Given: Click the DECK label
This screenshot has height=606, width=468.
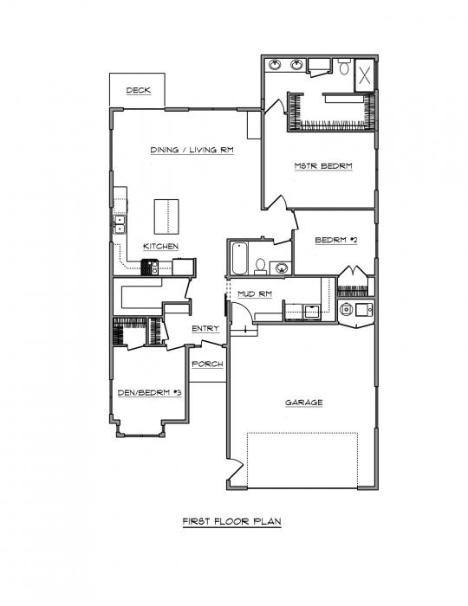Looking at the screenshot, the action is [x=138, y=90].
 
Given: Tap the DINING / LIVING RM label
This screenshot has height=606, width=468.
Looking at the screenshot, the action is [x=192, y=150].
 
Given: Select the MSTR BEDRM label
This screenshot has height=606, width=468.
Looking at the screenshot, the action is [x=323, y=166].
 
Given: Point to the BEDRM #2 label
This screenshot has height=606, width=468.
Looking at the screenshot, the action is [x=336, y=240].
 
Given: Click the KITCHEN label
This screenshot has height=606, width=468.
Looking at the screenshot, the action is [x=161, y=247].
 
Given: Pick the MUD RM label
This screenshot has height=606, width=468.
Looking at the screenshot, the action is [x=255, y=294].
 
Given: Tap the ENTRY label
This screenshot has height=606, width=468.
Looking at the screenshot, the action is [x=205, y=328].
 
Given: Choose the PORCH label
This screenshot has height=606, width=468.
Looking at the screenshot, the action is [x=208, y=364].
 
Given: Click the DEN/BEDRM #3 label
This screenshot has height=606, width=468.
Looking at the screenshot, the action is [x=149, y=393].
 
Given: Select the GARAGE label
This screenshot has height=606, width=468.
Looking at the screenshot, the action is [x=304, y=403].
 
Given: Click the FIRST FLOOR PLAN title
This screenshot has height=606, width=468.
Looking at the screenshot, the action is [x=231, y=521].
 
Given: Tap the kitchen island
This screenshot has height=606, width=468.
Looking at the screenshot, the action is [x=166, y=216].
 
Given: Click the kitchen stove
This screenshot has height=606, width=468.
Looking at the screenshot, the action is [x=150, y=267].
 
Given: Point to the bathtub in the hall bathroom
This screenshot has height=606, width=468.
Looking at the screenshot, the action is [x=239, y=258].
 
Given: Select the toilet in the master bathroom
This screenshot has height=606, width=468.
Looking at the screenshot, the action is [x=344, y=67].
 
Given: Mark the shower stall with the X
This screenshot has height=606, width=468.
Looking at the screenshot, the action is [x=364, y=75].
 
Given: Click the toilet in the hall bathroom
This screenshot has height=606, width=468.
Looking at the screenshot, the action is [x=260, y=267].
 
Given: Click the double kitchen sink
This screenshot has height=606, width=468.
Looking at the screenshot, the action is [x=120, y=224].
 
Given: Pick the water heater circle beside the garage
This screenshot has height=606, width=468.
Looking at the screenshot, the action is [x=346, y=309].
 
